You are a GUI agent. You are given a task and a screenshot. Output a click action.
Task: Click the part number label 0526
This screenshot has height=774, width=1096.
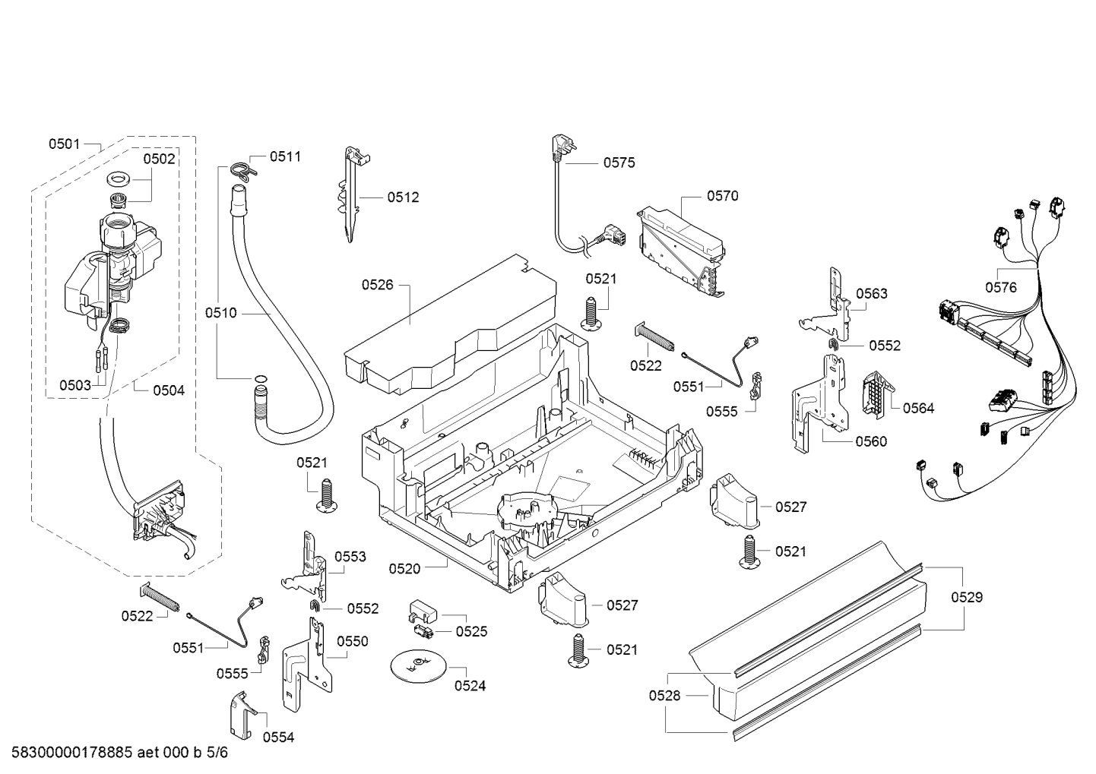[377, 285]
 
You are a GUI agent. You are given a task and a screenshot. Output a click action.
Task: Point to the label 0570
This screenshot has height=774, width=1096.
[722, 196]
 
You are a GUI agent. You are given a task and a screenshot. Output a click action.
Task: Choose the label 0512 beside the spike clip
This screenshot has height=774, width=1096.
[403, 197]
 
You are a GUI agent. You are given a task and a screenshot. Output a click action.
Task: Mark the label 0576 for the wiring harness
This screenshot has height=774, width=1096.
[1001, 287]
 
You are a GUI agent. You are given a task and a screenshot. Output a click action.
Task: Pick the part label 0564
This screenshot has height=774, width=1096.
[918, 409]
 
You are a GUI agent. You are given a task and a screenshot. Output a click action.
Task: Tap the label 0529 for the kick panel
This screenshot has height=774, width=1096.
[966, 597]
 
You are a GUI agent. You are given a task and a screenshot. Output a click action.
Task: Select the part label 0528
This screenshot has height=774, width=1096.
[664, 695]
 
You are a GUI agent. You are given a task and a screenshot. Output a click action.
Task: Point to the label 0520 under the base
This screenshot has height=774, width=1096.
[404, 568]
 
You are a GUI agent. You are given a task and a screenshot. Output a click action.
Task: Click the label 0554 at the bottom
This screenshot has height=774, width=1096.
[278, 737]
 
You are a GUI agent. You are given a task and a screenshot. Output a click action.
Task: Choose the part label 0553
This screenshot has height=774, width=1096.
[350, 557]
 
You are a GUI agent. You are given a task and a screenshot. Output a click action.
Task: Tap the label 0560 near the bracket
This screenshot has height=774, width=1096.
[871, 441]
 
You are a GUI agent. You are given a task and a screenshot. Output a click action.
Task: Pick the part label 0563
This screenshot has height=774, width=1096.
[871, 294]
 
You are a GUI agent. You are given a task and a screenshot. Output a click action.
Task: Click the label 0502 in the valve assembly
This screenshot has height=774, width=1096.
[159, 159]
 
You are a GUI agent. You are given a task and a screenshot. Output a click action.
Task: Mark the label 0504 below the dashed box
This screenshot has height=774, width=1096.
[168, 390]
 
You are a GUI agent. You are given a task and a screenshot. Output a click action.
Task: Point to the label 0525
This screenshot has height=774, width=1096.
[471, 631]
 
